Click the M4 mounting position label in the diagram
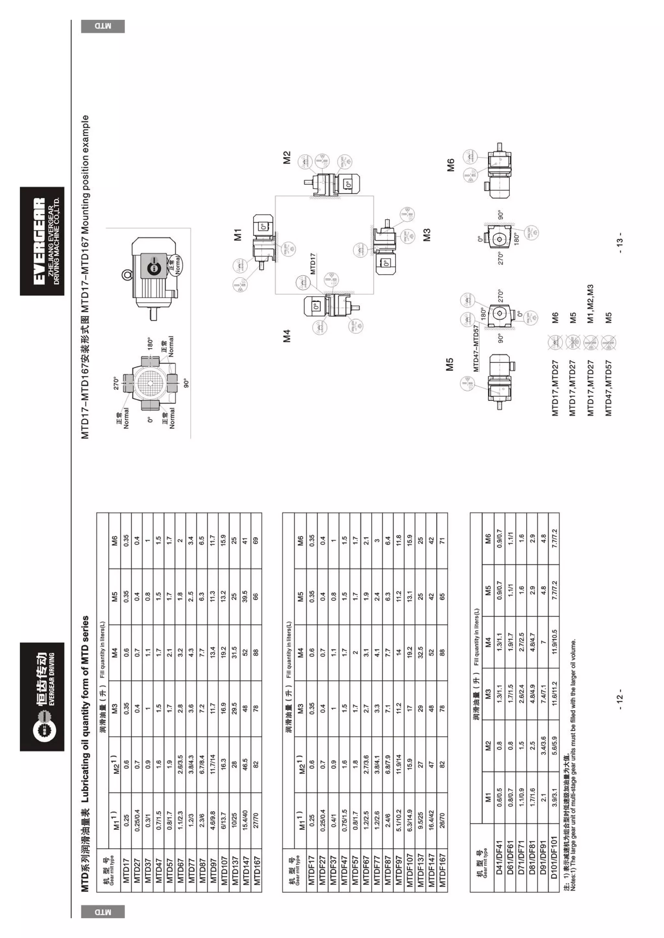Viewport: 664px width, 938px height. coord(287,336)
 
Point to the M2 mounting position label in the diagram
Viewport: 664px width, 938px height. coord(287,158)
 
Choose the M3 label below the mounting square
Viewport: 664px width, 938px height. coord(426,234)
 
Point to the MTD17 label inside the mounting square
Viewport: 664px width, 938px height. coord(313,264)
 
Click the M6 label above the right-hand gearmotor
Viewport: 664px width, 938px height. coord(451,165)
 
